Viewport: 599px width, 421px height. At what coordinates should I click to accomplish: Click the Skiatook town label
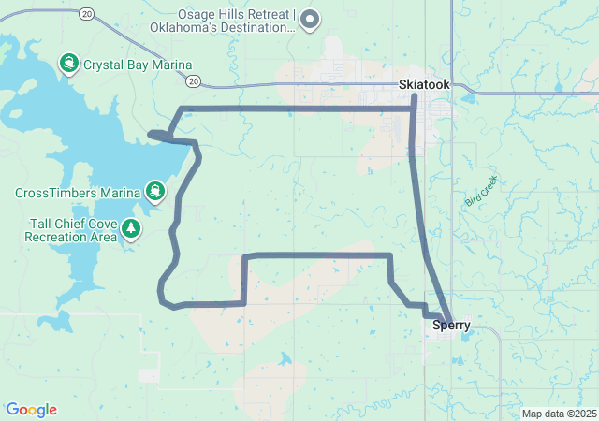[x=424, y=84]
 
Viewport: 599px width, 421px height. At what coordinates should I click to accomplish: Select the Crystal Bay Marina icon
[x=69, y=65]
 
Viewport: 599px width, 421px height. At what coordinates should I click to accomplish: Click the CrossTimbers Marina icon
[x=155, y=194]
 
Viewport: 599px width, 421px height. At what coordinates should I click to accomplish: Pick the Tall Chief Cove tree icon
[x=132, y=227]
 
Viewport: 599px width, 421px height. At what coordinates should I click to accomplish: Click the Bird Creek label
[x=481, y=191]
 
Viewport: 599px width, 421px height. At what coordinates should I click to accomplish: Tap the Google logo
[x=31, y=410]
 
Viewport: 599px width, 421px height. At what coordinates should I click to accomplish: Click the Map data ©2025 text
[x=559, y=414]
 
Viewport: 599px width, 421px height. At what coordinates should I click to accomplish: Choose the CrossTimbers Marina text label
[x=78, y=194]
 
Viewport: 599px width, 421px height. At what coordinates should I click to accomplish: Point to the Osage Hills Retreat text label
[x=222, y=21]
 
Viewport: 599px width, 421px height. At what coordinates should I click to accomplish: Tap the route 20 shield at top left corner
[x=87, y=13]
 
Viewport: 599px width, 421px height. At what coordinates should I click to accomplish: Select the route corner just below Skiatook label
[x=414, y=109]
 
